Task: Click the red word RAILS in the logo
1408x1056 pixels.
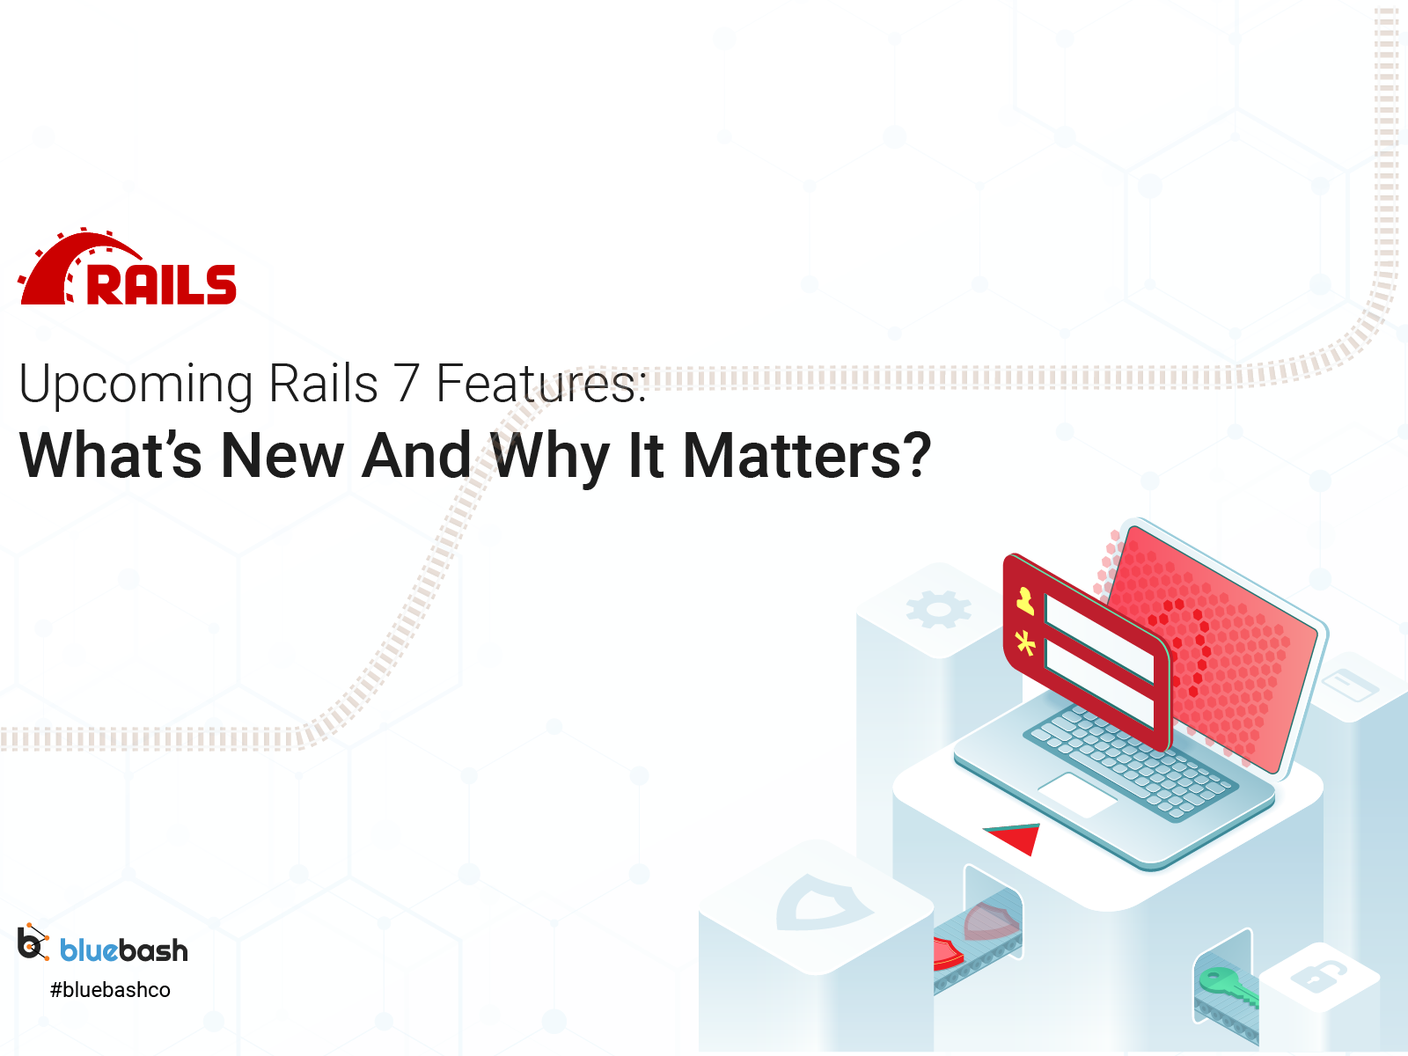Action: [161, 284]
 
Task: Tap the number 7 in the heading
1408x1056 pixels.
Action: [406, 385]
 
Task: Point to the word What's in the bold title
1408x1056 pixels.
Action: [111, 456]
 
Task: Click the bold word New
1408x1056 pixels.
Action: [282, 456]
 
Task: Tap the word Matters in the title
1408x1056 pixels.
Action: [792, 456]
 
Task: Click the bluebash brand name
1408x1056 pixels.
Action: [124, 950]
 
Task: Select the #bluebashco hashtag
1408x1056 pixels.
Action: [110, 990]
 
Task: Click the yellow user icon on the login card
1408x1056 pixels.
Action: [1025, 600]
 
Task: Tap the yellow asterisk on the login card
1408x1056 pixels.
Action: [1025, 644]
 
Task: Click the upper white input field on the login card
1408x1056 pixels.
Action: [1098, 638]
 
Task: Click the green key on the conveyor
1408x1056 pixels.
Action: [1226, 985]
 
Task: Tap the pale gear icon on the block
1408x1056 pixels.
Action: [938, 609]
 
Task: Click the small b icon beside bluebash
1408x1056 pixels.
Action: [33, 943]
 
